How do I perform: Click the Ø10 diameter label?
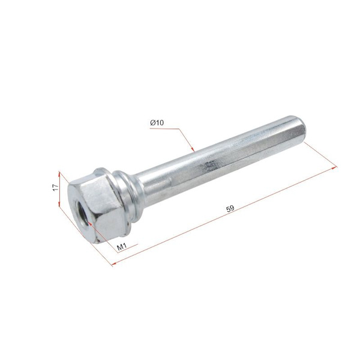(x=157, y=123)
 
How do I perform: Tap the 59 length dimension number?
(x=230, y=208)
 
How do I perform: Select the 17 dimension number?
(x=56, y=187)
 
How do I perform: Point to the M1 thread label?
(x=122, y=247)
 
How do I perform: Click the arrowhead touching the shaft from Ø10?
(x=193, y=149)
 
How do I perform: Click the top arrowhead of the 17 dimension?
(x=59, y=175)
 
